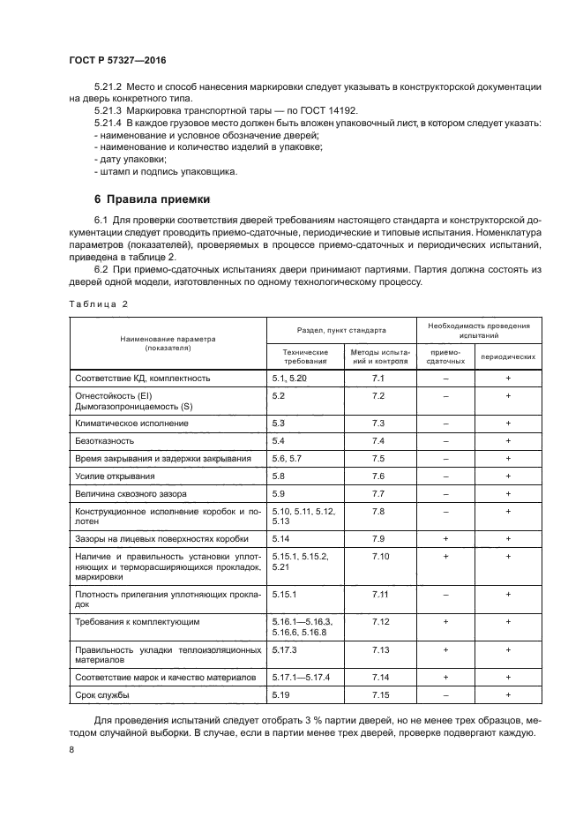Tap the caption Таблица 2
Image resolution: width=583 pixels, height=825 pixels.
[x=98, y=304]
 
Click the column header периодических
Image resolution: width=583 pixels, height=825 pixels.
[x=508, y=356]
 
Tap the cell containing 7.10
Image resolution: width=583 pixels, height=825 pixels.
[x=380, y=557]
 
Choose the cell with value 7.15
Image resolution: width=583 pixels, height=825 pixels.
[x=379, y=695]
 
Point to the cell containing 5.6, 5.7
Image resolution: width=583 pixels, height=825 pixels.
[x=288, y=458]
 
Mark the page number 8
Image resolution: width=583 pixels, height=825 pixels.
[x=71, y=750]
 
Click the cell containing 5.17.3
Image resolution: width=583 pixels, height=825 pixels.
[x=286, y=649]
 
